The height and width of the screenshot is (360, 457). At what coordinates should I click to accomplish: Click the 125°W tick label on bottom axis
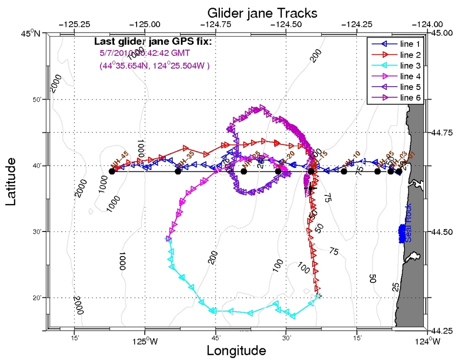point(145,343)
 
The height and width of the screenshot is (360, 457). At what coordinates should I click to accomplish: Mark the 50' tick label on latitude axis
point(37,100)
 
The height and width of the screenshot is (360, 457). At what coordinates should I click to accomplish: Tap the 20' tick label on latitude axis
point(37,298)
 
